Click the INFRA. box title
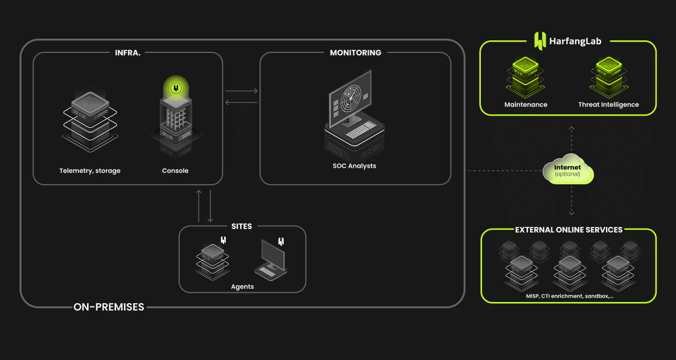pos(127,52)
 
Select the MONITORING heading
pos(355,52)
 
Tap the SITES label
pos(241,226)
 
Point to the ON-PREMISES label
pos(109,307)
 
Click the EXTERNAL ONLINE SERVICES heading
pos(568,230)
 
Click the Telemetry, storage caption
pos(90,171)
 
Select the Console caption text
pos(175,171)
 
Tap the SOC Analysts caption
pos(355,166)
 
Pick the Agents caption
pos(242,287)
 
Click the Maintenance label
pos(526,105)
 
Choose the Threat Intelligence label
pos(608,105)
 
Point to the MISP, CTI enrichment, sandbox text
pos(570,296)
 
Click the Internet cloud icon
pos(568,169)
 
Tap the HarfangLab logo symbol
pos(540,41)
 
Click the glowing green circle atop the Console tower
pos(176,88)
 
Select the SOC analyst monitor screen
pos(349,99)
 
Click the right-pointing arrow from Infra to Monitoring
pos(241,91)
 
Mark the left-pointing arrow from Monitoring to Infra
pos(241,102)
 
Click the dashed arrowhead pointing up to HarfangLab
pos(571,128)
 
